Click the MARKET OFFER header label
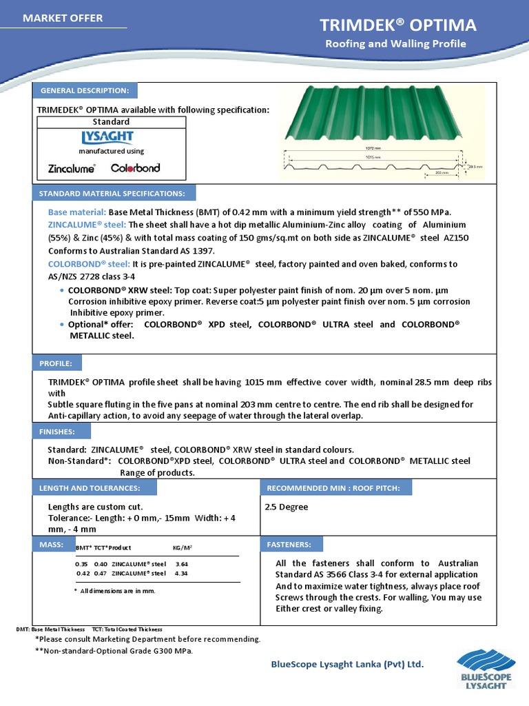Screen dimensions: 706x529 [x=63, y=18]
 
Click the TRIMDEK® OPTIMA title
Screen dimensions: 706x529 [x=397, y=26]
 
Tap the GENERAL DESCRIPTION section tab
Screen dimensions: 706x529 [x=85, y=90]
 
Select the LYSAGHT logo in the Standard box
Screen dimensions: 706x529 [x=107, y=137]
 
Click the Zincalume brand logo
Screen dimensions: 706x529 [x=72, y=168]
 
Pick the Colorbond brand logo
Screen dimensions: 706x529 [x=135, y=168]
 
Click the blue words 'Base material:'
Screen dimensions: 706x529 [x=76, y=212]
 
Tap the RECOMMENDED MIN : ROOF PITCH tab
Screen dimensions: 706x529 [x=335, y=488]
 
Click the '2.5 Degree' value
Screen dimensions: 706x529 [x=287, y=507]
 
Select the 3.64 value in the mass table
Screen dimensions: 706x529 [x=182, y=563]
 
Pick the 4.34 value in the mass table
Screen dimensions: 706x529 [x=181, y=573]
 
